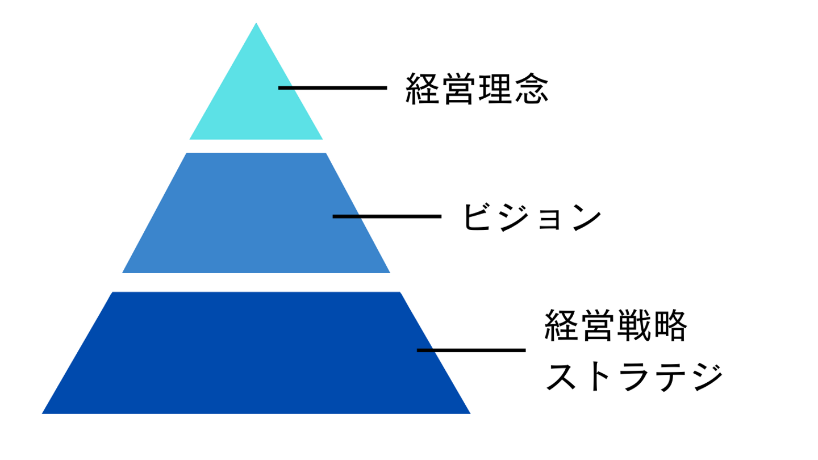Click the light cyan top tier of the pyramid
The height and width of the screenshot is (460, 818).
pos(256,108)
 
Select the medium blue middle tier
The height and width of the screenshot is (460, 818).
pos(256,227)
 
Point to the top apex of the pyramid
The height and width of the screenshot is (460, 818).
pos(256,24)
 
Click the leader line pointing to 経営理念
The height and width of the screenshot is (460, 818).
pos(332,87)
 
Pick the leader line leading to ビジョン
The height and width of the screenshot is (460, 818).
pos(386,216)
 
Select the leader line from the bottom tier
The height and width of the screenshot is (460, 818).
pos(471,350)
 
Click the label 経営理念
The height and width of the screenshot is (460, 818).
pos(477,89)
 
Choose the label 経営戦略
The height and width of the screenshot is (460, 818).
pos(616,325)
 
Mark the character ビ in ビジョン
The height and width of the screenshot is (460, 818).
pos(477,217)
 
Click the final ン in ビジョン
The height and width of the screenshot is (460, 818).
pos(585,217)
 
